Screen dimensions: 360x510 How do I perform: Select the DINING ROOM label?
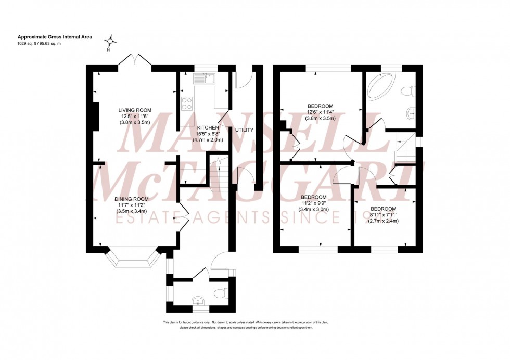point(132,199)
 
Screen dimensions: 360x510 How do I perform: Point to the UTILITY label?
point(244,130)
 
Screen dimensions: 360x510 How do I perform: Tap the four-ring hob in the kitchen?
point(186,104)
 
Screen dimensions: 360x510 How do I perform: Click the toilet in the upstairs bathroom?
point(410,91)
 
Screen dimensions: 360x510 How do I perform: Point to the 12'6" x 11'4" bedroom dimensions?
point(320,112)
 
